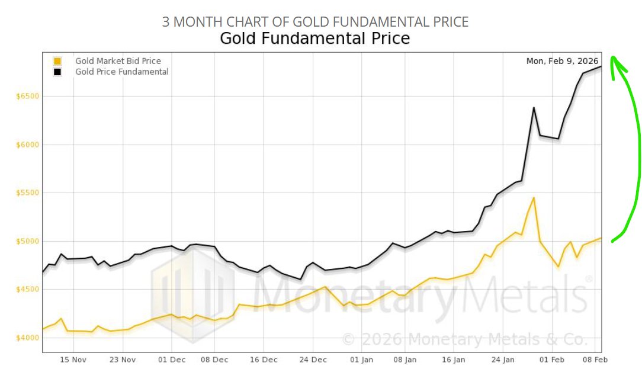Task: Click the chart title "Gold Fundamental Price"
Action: [x=314, y=39]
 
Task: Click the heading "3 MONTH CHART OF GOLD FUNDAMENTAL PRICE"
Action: [x=315, y=22]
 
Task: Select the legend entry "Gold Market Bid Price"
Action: [x=118, y=61]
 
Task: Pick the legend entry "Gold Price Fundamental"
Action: [x=121, y=72]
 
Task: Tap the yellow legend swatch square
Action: [x=57, y=61]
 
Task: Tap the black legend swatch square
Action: [x=57, y=72]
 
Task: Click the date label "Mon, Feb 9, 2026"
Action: [x=562, y=61]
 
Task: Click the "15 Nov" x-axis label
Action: [x=73, y=360]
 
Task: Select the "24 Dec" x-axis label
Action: [x=313, y=360]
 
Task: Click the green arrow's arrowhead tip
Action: [x=613, y=58]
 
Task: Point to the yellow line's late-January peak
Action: [x=534, y=198]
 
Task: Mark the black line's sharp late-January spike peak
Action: [x=534, y=108]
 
